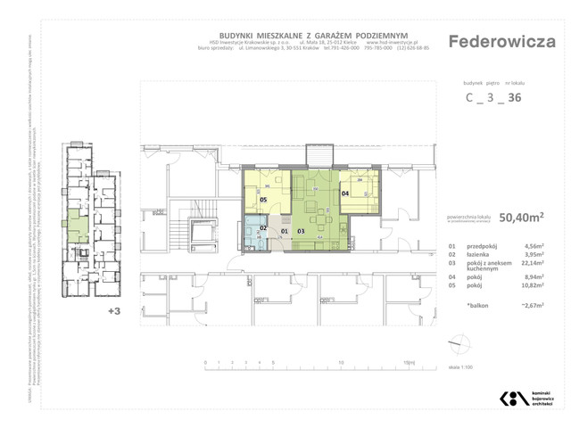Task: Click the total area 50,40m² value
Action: pos(522,216)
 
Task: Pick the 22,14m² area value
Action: pos(530,264)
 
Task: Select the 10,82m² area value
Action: pos(530,287)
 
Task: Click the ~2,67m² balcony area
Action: pos(530,305)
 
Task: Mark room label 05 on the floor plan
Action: pos(263,200)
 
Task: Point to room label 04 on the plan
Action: pos(344,193)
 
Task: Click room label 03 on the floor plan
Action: pos(302,232)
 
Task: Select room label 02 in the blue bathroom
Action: pos(263,228)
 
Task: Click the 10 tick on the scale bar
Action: pos(342,363)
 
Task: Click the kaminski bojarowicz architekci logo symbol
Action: pos(512,398)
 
